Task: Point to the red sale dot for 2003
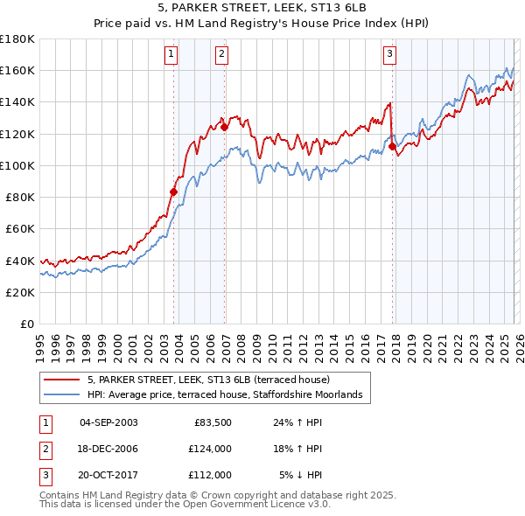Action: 173,191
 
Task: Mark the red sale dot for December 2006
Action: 225,127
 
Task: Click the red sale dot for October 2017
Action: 392,146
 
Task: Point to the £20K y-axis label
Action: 21,292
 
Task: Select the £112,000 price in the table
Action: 210,475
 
